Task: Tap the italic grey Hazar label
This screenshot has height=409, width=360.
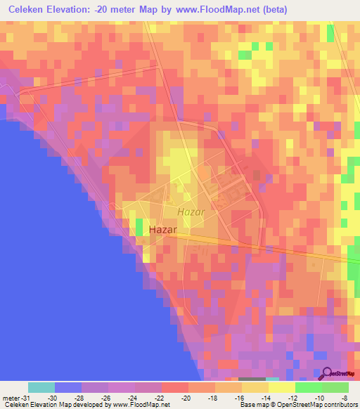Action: [x=191, y=212]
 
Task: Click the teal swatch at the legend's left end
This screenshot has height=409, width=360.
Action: [x=41, y=387]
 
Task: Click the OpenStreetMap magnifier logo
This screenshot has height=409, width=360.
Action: [x=326, y=373]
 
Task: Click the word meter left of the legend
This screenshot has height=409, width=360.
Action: [x=10, y=397]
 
